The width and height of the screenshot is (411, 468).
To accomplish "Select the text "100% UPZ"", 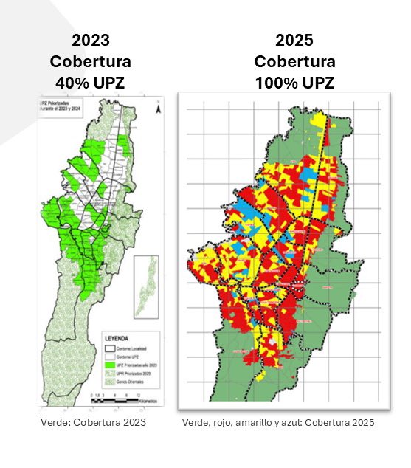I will click(294, 82).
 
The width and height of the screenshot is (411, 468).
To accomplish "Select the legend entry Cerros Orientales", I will click(130, 382).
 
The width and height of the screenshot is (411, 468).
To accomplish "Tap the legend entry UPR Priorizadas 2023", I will click(133, 374).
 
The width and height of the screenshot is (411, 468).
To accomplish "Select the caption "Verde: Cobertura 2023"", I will click(93, 422).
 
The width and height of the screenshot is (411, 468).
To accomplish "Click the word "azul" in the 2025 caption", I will click(285, 423).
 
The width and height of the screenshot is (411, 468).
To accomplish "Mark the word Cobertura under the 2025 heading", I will click(294, 62).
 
